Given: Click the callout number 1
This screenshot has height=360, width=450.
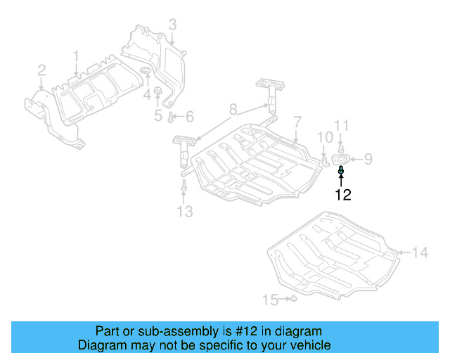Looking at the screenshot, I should tap(77, 56).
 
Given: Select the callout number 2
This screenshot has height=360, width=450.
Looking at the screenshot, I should tap(41, 70).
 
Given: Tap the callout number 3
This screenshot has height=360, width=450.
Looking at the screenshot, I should tap(172, 26).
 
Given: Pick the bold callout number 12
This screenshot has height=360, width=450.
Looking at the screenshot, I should tap(342, 195).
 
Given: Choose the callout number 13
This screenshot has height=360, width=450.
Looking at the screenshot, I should tap(184, 212).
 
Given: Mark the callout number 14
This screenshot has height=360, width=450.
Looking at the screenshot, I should tap(420, 252).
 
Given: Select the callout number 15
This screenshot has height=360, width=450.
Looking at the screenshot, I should tap(270, 300).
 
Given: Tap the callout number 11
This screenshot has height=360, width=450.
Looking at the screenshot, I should tap(341, 127).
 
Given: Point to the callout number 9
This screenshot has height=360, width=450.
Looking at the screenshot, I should tap(368, 160).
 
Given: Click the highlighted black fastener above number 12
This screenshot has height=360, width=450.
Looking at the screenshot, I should tap(342, 169).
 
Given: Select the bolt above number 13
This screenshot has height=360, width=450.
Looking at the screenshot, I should tap(184, 188).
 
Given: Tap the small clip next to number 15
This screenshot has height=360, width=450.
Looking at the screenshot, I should tap(295, 300).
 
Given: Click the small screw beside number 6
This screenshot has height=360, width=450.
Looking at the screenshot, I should tap(172, 116).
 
